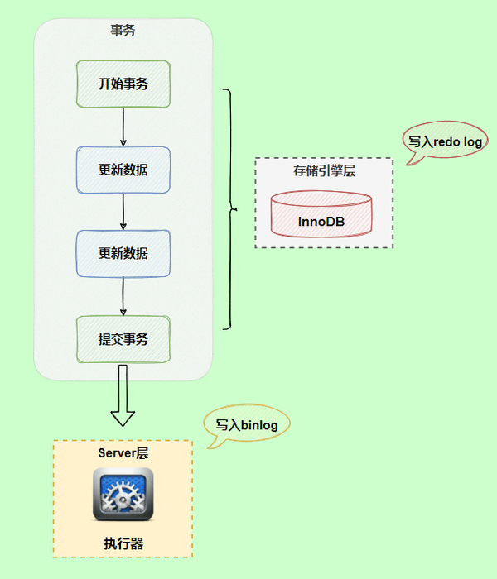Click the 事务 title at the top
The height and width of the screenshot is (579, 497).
pyautogui.click(x=123, y=31)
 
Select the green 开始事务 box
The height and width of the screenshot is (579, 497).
pyautogui.click(x=123, y=83)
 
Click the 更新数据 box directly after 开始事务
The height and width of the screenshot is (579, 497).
pyautogui.click(x=123, y=170)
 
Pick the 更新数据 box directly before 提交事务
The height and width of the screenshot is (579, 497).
pyautogui.click(x=123, y=254)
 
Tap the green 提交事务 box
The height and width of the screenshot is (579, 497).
pyautogui.click(x=123, y=339)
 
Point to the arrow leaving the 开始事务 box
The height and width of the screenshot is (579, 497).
pyautogui.click(x=123, y=126)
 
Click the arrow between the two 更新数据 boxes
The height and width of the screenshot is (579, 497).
pyautogui.click(x=123, y=212)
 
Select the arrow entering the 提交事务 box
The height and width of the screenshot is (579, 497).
pyautogui.click(x=123, y=296)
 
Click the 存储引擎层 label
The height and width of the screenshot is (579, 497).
pyautogui.click(x=323, y=171)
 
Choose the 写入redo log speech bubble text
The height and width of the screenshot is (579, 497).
pyautogui.click(x=445, y=141)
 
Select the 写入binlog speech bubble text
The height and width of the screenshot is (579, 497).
pyautogui.click(x=247, y=425)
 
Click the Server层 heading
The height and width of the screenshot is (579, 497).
pyautogui.click(x=123, y=454)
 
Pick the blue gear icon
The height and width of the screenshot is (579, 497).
pyautogui.click(x=123, y=495)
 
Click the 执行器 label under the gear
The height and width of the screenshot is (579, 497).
pyautogui.click(x=123, y=543)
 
